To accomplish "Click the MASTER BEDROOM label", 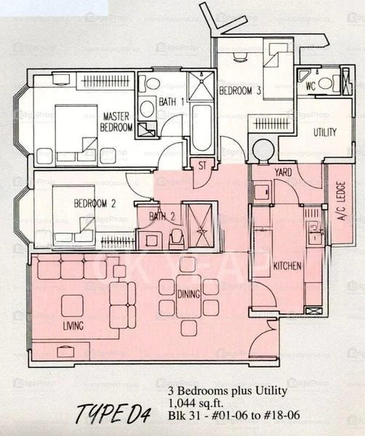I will click(x=116, y=121).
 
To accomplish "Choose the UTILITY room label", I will click(x=324, y=133).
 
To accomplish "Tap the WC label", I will click(x=310, y=85).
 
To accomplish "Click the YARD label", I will click(x=282, y=172).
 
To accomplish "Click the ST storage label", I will click(x=201, y=166).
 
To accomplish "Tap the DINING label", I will click(x=189, y=294).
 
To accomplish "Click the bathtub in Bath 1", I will click(x=201, y=126).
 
